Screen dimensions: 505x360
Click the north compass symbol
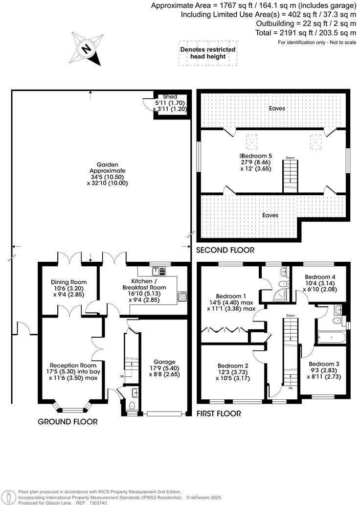click(x=87, y=48)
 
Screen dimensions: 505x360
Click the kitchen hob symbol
click(x=182, y=296)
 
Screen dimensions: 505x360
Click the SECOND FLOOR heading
click(x=225, y=250)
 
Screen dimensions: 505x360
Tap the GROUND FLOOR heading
click(x=67, y=421)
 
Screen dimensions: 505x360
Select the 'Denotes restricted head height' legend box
click(x=207, y=53)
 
